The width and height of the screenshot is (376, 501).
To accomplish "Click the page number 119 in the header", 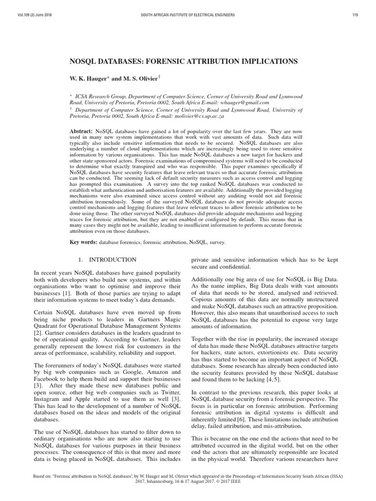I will point(355,15).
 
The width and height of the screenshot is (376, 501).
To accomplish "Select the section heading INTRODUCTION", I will point(116,259).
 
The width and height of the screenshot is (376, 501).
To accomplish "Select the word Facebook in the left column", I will point(47,371).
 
